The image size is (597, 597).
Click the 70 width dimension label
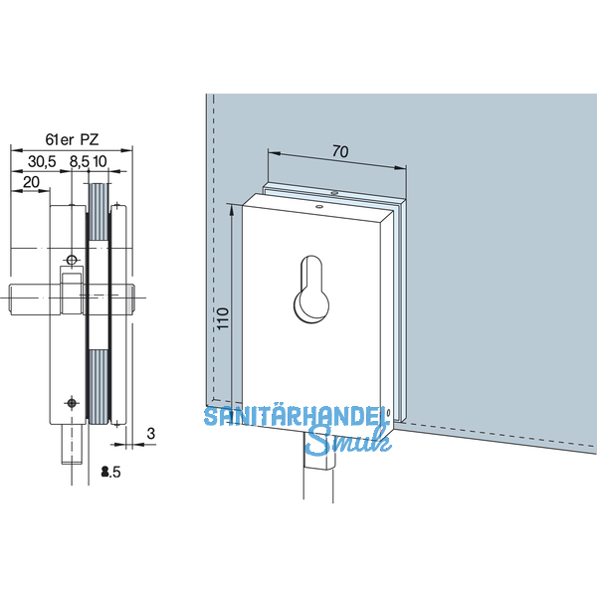coord(339,152)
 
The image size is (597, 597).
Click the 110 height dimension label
coord(223,317)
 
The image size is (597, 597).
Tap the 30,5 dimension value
coord(42,160)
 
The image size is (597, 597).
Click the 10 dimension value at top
coord(101,160)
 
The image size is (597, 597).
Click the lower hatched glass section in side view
coord(99,383)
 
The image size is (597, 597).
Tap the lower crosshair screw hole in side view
coord(71,401)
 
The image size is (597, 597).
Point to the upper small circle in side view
coord(70,260)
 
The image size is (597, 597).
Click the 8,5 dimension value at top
coord(77,160)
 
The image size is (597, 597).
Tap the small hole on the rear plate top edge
coord(335,193)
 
